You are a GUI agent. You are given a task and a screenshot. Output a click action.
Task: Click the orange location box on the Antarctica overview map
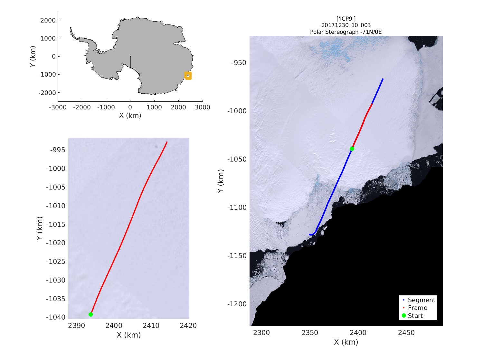coord(188,76)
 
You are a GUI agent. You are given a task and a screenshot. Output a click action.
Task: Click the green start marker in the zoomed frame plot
coord(90,314)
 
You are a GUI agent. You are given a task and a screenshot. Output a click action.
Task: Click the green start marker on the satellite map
coord(352,149)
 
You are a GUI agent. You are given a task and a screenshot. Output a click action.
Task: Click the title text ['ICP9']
coord(346,19)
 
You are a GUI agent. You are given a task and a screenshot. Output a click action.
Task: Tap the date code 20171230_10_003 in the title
coord(346,25)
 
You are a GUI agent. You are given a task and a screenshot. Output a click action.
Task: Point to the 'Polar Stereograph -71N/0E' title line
coord(346,32)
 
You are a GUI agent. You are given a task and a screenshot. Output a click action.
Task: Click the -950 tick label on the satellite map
coord(239,63)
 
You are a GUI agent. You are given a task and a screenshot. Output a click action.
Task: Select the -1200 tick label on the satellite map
coord(237,304)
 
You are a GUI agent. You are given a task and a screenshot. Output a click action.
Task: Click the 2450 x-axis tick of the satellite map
coord(406,333)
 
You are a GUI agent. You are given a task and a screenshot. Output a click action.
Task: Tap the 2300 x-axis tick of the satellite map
coord(261,333)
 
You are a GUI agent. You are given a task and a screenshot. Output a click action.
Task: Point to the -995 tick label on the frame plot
coord(58,150)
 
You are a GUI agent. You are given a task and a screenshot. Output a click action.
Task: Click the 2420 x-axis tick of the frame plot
coord(188,326)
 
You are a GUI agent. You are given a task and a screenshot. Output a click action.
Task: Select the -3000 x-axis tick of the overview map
coord(58,107)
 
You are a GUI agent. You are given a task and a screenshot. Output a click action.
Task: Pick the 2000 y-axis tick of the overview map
coord(48,20)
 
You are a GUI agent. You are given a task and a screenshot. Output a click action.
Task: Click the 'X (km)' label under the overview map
coord(130,115)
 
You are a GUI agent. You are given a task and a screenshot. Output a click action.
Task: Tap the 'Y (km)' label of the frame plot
coord(40,228)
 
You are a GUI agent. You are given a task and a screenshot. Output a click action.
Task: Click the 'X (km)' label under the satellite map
coord(346,342)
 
